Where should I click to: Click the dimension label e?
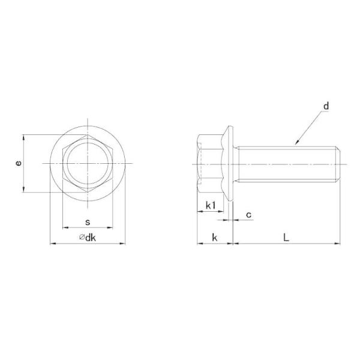tap(19, 163)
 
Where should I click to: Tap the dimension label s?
tap(88, 222)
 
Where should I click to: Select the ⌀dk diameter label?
tap(88, 238)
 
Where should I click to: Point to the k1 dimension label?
tap(211, 205)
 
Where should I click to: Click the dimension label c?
tap(248, 215)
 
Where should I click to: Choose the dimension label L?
tap(286, 238)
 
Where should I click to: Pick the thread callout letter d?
tap(326, 106)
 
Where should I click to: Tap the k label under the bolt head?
tap(215, 238)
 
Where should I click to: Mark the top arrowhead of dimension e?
tap(23, 137)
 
